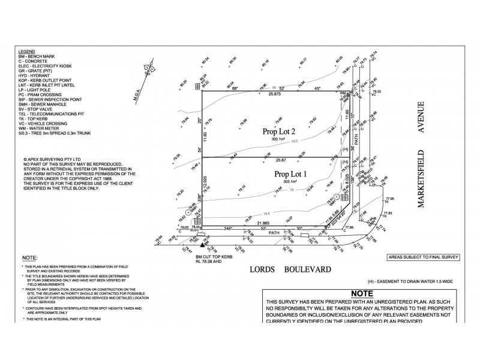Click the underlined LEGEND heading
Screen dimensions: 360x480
point(27,53)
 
